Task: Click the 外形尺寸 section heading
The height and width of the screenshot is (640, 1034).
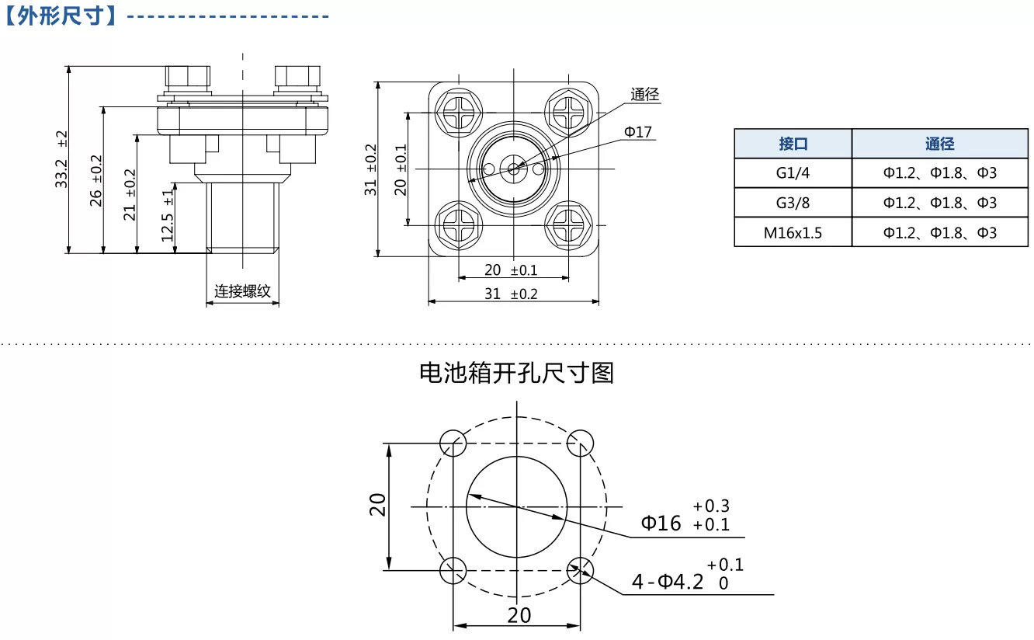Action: tap(60, 16)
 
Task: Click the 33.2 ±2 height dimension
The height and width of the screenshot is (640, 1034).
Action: tap(61, 159)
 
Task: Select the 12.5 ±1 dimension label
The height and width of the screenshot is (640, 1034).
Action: tap(167, 215)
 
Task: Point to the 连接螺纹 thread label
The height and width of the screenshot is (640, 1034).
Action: tap(242, 291)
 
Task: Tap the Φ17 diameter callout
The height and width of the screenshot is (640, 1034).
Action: tap(637, 132)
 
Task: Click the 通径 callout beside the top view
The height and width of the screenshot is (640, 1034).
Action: tap(645, 94)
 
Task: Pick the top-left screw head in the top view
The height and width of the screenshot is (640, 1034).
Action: tap(458, 112)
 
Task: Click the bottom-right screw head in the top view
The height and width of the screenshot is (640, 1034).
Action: tap(568, 225)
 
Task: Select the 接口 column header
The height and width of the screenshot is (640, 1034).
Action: tap(793, 144)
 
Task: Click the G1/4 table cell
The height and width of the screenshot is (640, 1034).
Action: tap(793, 172)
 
